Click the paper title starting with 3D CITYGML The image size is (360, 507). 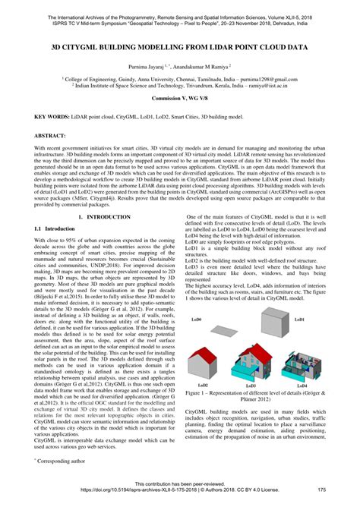click(179, 46)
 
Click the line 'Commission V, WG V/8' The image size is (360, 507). click(179, 99)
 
